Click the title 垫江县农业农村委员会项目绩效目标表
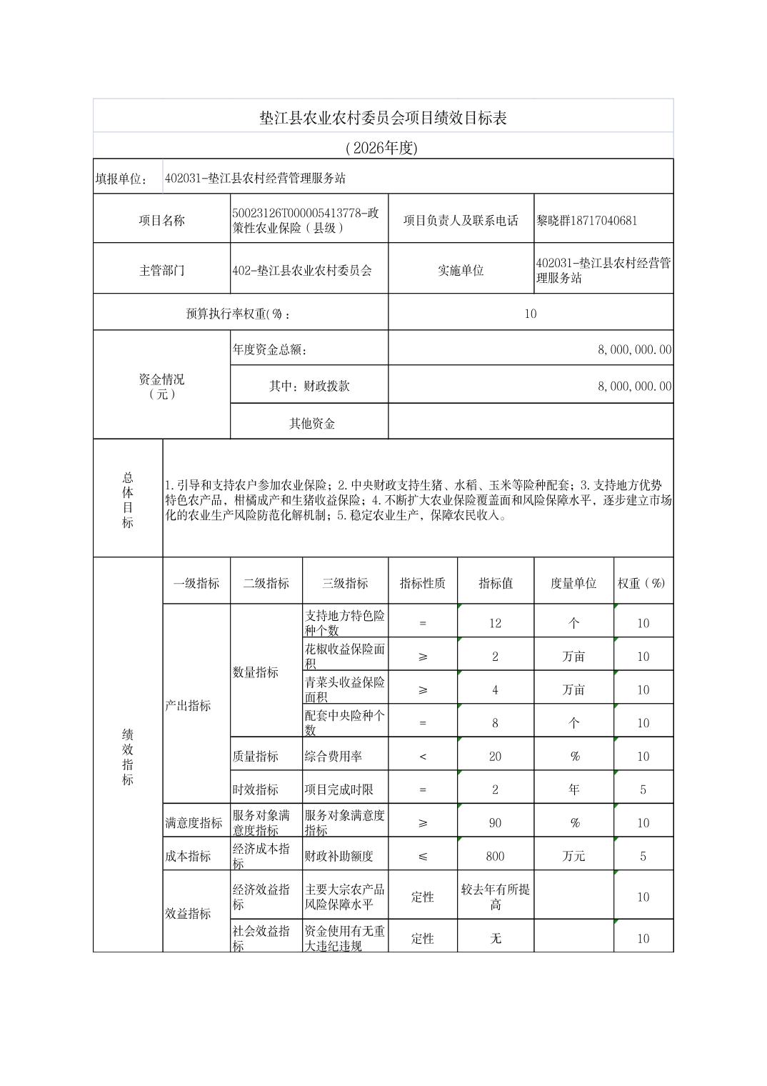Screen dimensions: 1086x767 click(x=383, y=118)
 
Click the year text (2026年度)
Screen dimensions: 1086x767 click(x=383, y=148)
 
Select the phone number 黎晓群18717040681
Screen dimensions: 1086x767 click(x=586, y=220)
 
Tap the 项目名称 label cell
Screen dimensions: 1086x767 click(x=161, y=220)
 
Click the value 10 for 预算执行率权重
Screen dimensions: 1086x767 click(x=530, y=314)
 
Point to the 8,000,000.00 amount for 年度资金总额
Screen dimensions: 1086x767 click(x=634, y=349)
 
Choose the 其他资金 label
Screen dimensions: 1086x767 click(x=311, y=423)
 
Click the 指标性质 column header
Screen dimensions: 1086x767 click(x=422, y=583)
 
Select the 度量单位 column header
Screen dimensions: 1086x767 click(x=573, y=583)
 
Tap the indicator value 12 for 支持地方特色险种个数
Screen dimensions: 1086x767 click(x=495, y=623)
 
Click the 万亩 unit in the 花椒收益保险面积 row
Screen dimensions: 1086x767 click(x=573, y=657)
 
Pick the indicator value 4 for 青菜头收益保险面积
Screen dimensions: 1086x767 click(x=495, y=689)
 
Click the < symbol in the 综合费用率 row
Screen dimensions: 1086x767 click(x=422, y=756)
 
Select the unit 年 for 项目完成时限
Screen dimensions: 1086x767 click(x=573, y=789)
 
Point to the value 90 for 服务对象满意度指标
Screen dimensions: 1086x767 click(x=495, y=822)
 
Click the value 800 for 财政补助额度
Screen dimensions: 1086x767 click(x=495, y=856)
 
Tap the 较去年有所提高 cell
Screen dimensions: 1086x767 click(x=495, y=897)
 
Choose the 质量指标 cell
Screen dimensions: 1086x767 click(x=255, y=756)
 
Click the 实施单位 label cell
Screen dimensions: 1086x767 click(x=460, y=270)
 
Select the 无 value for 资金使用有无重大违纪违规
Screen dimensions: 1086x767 click(x=495, y=938)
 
